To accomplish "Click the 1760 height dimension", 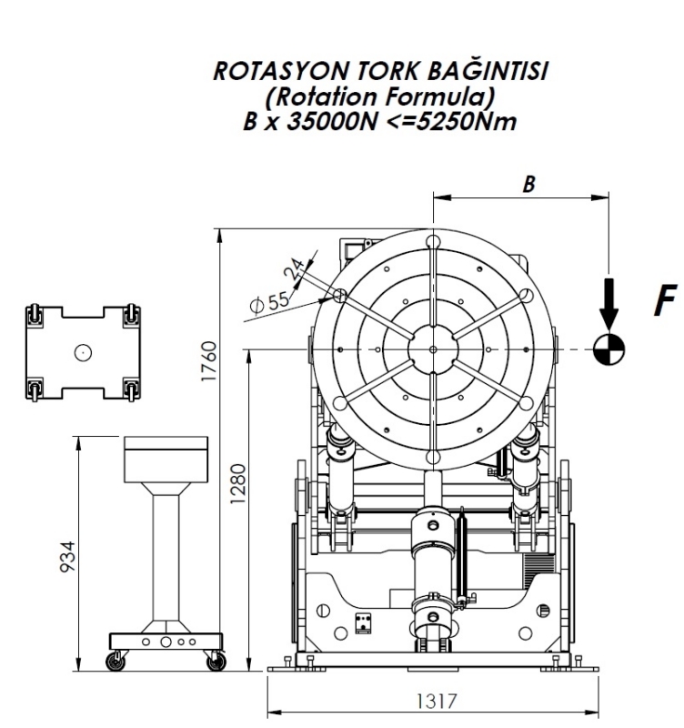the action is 209,361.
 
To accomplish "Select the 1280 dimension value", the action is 237,483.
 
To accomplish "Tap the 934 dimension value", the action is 67,557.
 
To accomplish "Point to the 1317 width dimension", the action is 437,701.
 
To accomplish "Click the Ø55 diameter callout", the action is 269,303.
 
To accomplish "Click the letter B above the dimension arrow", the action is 528,185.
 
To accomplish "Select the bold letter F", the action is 665,300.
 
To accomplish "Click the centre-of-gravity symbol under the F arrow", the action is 609,349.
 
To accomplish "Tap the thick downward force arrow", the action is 609,305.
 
